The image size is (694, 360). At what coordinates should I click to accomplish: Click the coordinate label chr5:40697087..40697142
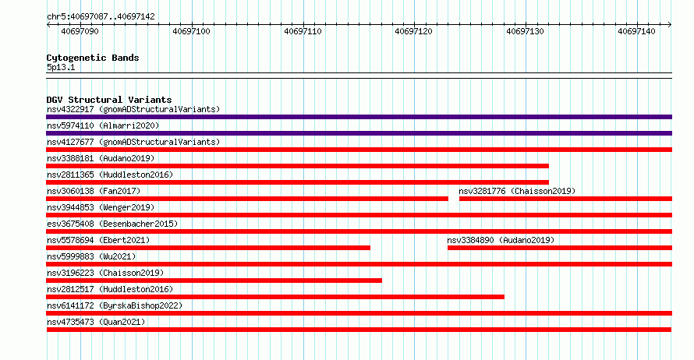pyautogui.click(x=101, y=17)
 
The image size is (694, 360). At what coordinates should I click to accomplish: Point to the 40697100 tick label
pyautogui.click(x=191, y=31)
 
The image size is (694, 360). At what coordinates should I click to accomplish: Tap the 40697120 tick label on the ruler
pyautogui.click(x=413, y=31)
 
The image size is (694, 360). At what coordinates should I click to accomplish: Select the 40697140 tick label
pyautogui.click(x=636, y=31)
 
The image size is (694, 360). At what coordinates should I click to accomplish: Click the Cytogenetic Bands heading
pyautogui.click(x=93, y=58)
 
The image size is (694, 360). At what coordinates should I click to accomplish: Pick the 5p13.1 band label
pyautogui.click(x=61, y=67)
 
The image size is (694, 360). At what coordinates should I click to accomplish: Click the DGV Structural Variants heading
pyautogui.click(x=109, y=100)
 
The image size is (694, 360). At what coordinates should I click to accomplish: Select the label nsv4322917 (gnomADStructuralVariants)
pyautogui.click(x=133, y=109)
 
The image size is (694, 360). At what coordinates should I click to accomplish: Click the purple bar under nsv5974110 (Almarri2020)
pyautogui.click(x=359, y=133)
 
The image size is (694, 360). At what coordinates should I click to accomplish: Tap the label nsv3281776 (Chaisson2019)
pyautogui.click(x=517, y=191)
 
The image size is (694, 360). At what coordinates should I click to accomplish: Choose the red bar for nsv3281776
pyautogui.click(x=565, y=199)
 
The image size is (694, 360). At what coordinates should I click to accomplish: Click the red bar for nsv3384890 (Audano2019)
pyautogui.click(x=560, y=248)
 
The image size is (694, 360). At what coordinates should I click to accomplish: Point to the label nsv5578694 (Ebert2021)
pyautogui.click(x=98, y=240)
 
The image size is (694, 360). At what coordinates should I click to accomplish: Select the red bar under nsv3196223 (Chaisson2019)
pyautogui.click(x=214, y=281)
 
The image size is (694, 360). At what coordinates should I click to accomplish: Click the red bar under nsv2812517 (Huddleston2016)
pyautogui.click(x=275, y=297)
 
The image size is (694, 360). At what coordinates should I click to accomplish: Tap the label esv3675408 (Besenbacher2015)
pyautogui.click(x=112, y=224)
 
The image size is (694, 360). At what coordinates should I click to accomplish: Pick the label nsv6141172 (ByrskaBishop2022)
pyautogui.click(x=115, y=305)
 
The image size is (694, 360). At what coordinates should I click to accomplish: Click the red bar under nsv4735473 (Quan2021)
pyautogui.click(x=359, y=330)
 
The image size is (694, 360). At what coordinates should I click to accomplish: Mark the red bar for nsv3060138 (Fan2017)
pyautogui.click(x=247, y=199)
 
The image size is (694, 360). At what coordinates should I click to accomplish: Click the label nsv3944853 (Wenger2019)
pyautogui.click(x=101, y=207)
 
